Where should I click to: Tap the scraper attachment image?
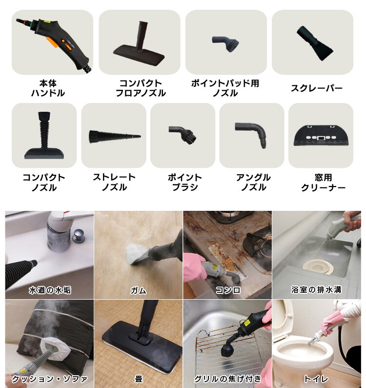point(315,43)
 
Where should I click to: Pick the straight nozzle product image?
point(115,136)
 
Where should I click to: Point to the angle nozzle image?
point(251,135)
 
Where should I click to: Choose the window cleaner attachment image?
point(321,136)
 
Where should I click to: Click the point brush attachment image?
point(183,134)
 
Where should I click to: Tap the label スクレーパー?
point(317,88)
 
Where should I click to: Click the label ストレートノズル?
point(114,182)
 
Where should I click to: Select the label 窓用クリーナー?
point(323,183)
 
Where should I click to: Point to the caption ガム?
point(138,290)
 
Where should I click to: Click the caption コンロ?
point(228,290)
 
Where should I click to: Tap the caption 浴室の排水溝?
point(316,289)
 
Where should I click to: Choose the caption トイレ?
point(316,379)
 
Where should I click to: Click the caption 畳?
point(139,379)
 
